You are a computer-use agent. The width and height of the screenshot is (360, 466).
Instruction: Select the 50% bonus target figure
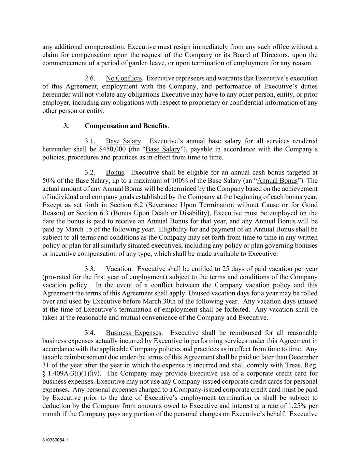[x=48, y=181]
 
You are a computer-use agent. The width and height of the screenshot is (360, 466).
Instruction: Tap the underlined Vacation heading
[x=118, y=269]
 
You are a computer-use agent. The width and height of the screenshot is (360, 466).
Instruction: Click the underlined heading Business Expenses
[x=133, y=333]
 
